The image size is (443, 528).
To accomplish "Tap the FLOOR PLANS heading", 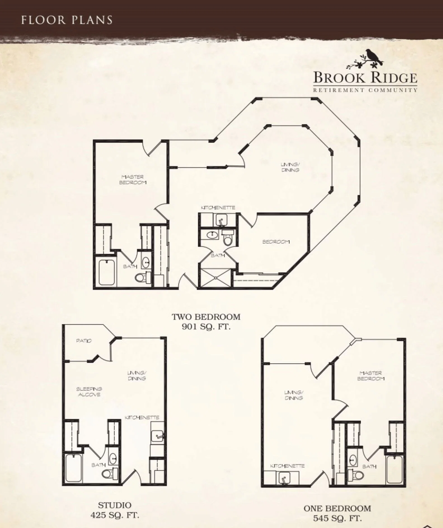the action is (67, 20).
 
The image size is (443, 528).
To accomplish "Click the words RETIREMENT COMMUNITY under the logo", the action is (365, 90).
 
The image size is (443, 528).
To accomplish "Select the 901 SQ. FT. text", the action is (206, 327).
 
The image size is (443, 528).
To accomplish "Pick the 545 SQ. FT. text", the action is (337, 518).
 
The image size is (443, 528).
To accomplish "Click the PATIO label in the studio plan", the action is (84, 341).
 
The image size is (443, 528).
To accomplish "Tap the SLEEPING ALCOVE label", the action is (89, 392).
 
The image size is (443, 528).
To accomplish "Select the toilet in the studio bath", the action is (109, 473).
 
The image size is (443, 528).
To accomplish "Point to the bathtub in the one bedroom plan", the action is (394, 469).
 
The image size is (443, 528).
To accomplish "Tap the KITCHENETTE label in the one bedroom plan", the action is (287, 466).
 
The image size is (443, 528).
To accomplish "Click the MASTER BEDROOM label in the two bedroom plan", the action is (133, 180).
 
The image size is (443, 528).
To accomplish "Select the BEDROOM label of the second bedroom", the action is (276, 242).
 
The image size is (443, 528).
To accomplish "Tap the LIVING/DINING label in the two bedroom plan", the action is (290, 167).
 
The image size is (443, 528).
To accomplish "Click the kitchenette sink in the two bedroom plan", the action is (221, 220).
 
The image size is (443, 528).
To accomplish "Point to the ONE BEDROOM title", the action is (337, 508).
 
